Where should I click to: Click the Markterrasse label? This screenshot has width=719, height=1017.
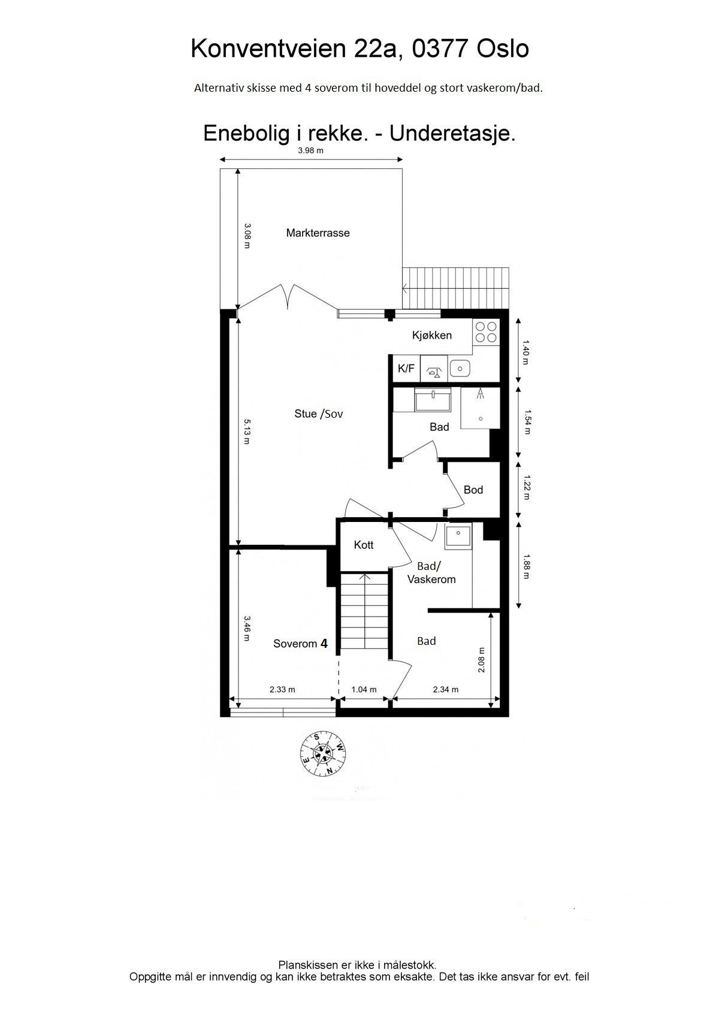point(318,233)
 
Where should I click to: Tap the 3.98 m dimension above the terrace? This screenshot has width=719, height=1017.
point(310,150)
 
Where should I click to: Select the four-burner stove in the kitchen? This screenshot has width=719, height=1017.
point(486,331)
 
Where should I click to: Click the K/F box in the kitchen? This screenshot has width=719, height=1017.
point(406,368)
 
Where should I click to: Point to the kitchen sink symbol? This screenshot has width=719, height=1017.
point(460,368)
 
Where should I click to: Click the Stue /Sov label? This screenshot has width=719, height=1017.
point(318,414)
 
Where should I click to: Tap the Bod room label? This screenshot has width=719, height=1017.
point(473,490)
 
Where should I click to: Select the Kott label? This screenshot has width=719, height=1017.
point(363,545)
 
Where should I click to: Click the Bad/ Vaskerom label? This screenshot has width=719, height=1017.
point(431,573)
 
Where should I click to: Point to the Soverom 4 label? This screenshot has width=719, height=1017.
point(300,644)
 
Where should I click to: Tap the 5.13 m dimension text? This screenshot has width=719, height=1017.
point(246,431)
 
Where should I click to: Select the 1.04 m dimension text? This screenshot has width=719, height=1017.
point(364,689)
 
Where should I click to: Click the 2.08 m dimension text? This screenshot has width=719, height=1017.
point(482,659)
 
